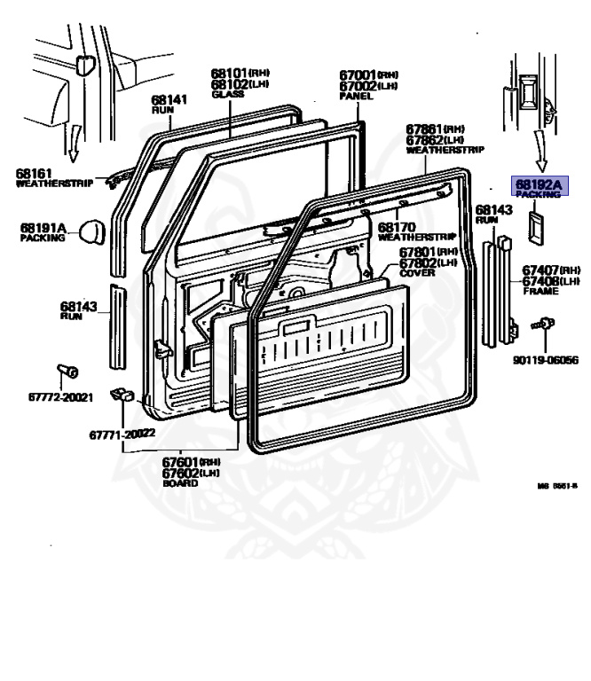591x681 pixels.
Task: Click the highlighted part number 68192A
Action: pyautogui.click(x=539, y=184)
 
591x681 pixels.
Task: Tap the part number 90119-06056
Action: pyautogui.click(x=545, y=360)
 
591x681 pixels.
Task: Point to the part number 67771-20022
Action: pyautogui.click(x=122, y=433)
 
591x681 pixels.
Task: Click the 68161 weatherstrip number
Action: pyautogui.click(x=35, y=172)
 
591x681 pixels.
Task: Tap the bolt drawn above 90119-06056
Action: pyautogui.click(x=543, y=325)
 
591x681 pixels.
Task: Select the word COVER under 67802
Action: pyautogui.click(x=417, y=273)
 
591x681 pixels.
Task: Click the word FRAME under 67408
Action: pyautogui.click(x=540, y=291)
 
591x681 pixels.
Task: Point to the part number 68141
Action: pyautogui.click(x=168, y=99)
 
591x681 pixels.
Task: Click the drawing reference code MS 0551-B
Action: pyautogui.click(x=557, y=486)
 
